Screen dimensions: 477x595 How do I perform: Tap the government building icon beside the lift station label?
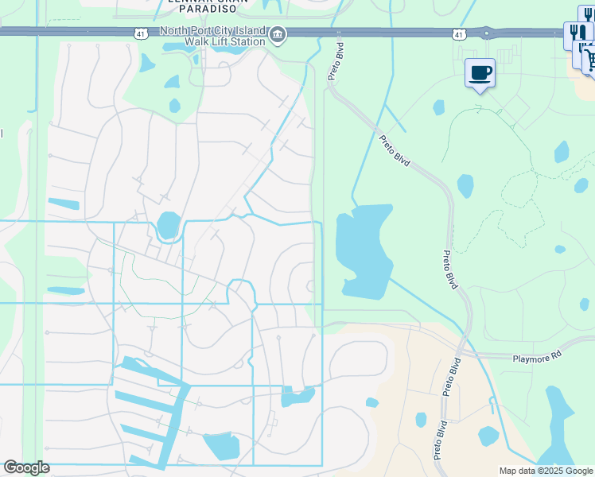pyautogui.click(x=278, y=34)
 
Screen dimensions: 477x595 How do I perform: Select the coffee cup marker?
pyautogui.click(x=480, y=74)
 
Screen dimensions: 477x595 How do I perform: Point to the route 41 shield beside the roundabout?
pyautogui.click(x=458, y=34)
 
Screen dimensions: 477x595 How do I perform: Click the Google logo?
pyautogui.click(x=26, y=467)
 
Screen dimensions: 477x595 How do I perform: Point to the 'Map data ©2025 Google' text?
pyautogui.click(x=545, y=471)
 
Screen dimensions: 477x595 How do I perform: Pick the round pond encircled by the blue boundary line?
pyautogui.click(x=168, y=225)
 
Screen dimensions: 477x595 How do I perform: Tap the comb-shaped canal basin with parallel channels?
pyautogui.click(x=151, y=413)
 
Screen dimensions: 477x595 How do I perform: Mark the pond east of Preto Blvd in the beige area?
pyautogui.click(x=488, y=436)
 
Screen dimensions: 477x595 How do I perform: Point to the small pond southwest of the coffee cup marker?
pyautogui.click(x=439, y=107)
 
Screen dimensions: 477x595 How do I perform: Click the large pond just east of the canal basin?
pyautogui.click(x=220, y=446)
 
